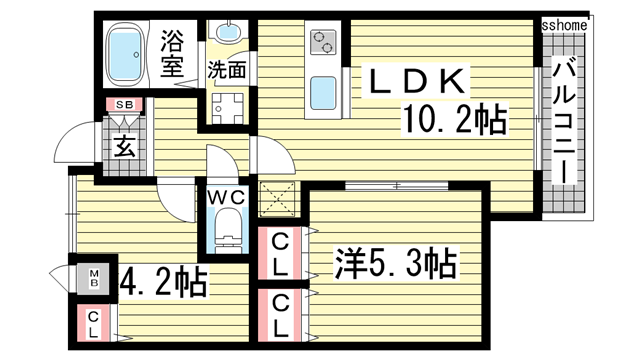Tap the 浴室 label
pyautogui.click(x=174, y=54)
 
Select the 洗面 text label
pyautogui.click(x=226, y=71)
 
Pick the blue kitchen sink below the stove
pyautogui.click(x=324, y=96)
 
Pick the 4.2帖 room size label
pyautogui.click(x=163, y=282)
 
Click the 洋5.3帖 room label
pyautogui.click(x=395, y=264)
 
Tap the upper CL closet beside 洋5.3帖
pyautogui.click(x=282, y=256)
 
